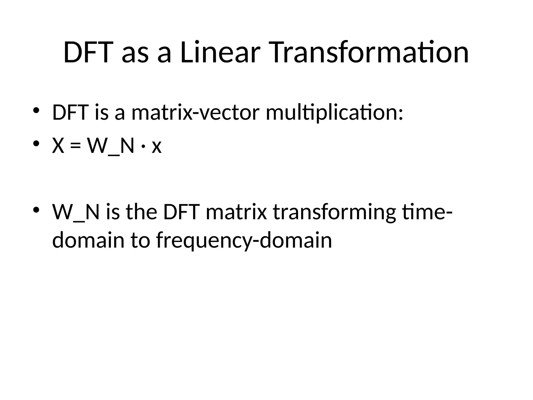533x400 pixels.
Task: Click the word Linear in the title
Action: (220, 53)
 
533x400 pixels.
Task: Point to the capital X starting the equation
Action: (58, 146)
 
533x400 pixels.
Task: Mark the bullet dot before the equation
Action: (36, 143)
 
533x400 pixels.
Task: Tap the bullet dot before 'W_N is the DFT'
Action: (36, 209)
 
